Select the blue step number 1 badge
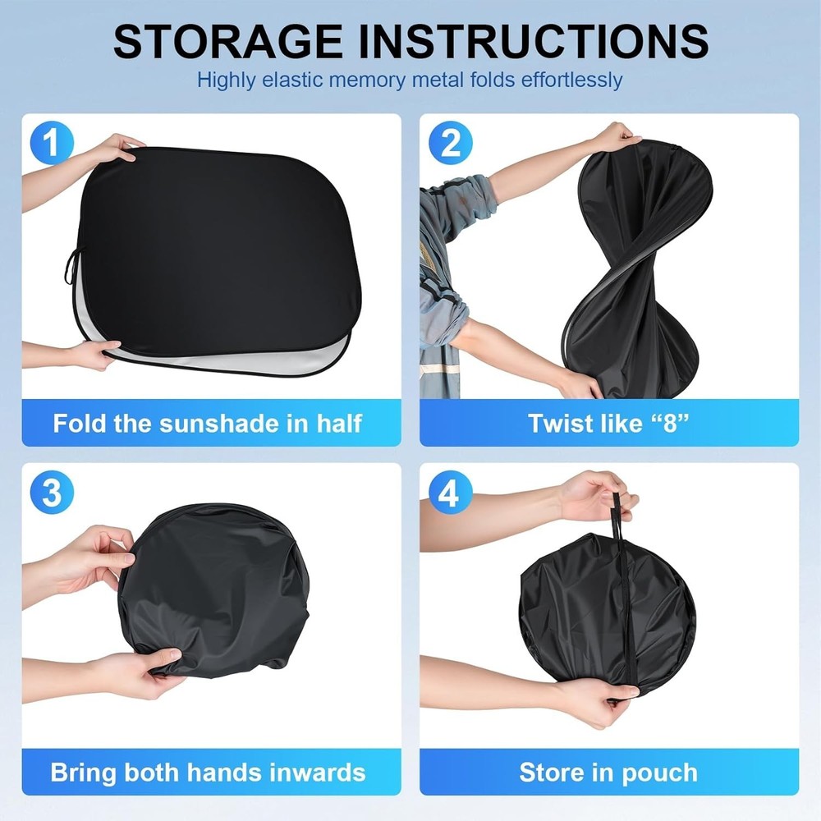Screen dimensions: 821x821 [x=50, y=142]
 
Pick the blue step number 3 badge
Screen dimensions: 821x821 [x=50, y=492]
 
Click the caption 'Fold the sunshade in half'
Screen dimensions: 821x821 [x=207, y=423]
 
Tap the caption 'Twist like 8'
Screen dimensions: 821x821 [x=608, y=423]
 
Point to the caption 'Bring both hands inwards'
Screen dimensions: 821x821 [x=207, y=773]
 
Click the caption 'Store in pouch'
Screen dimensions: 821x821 [x=608, y=773]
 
